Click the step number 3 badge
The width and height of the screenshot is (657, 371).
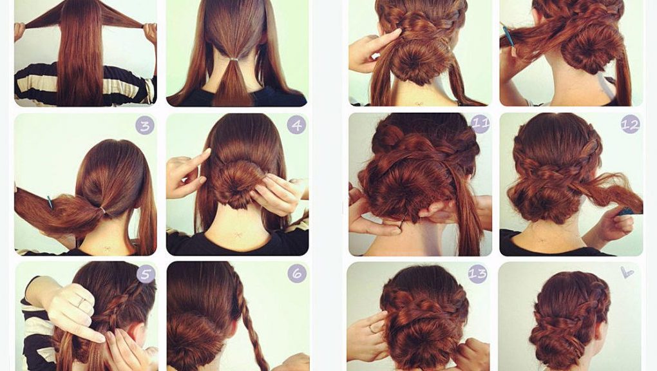145,126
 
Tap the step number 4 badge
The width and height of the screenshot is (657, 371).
297,125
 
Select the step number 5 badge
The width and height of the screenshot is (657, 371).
146,274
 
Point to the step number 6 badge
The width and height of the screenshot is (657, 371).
297,274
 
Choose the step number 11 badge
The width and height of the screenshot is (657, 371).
480,124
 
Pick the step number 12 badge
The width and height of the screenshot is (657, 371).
630,124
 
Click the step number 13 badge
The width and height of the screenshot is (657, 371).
478,274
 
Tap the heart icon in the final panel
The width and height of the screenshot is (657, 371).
627,272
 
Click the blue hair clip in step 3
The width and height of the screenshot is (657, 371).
50,202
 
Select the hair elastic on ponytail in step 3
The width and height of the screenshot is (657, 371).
102,210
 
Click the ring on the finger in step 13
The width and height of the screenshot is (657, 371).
373,330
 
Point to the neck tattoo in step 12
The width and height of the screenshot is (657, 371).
542,241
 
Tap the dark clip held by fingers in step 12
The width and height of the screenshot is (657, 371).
625,212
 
